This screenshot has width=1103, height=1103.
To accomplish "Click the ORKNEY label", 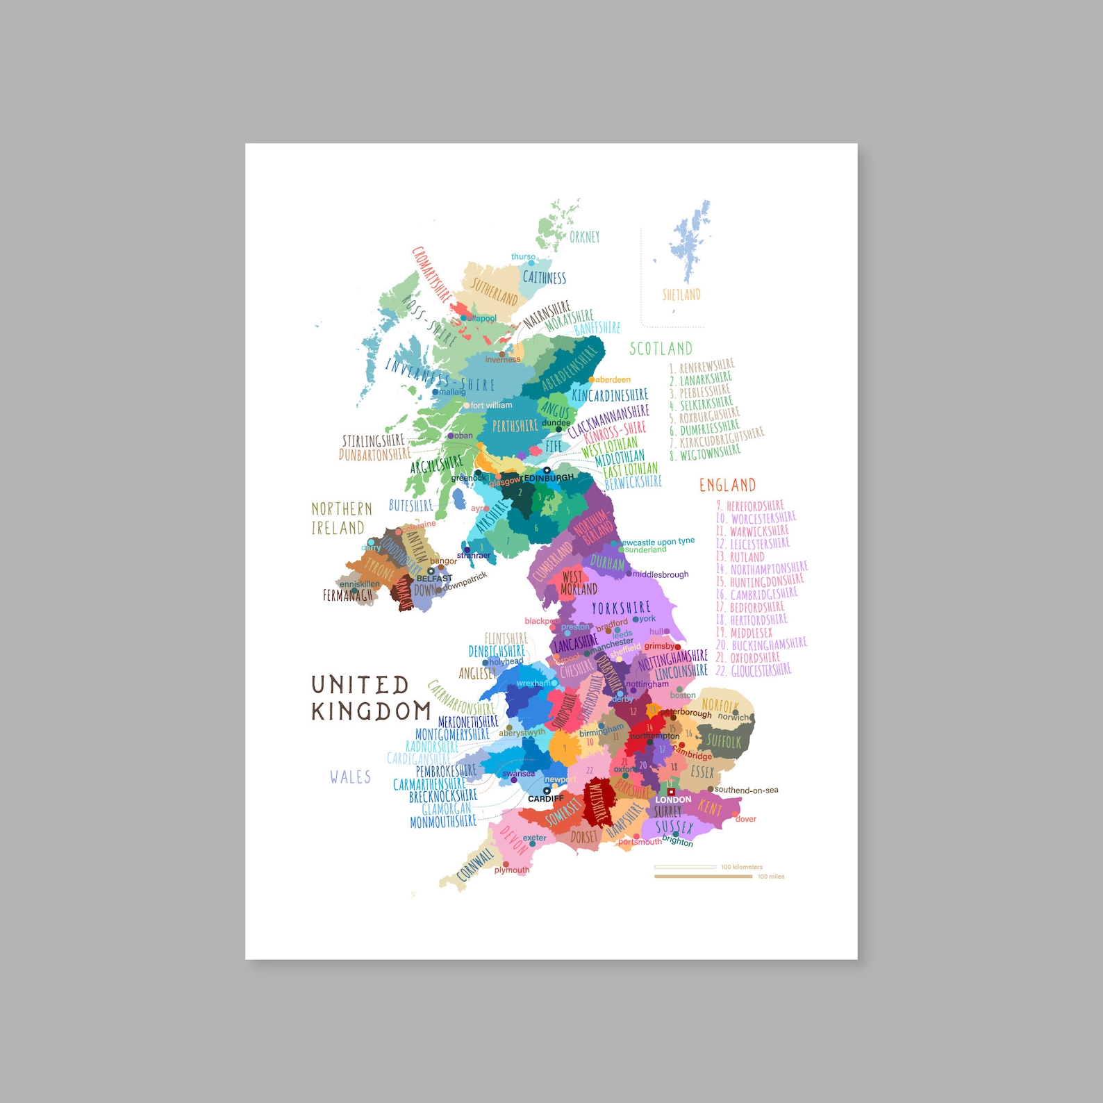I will (584, 237).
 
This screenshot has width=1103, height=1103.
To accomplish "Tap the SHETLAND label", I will (681, 295).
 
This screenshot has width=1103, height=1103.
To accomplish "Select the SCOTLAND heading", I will (661, 349).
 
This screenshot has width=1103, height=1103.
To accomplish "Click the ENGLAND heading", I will (727, 485).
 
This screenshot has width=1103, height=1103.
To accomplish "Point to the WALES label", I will (350, 777).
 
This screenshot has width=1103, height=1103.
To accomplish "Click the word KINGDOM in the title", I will (371, 711).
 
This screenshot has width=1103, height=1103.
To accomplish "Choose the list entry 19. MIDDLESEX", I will (744, 633).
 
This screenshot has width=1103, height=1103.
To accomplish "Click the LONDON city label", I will (673, 799).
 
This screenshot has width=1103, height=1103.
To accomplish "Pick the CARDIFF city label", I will (546, 799).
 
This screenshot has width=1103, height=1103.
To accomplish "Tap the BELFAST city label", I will (434, 578).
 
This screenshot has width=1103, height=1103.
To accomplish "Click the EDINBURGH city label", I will (549, 478).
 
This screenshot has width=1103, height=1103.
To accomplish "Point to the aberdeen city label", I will (613, 380).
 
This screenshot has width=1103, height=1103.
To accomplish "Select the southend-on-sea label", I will (746, 790).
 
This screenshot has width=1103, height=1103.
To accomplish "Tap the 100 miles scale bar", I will (703, 877).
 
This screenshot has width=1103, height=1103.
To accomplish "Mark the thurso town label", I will (523, 257).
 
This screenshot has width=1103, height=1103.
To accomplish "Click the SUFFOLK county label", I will (724, 741).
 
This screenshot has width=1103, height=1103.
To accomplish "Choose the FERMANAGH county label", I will (347, 595).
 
